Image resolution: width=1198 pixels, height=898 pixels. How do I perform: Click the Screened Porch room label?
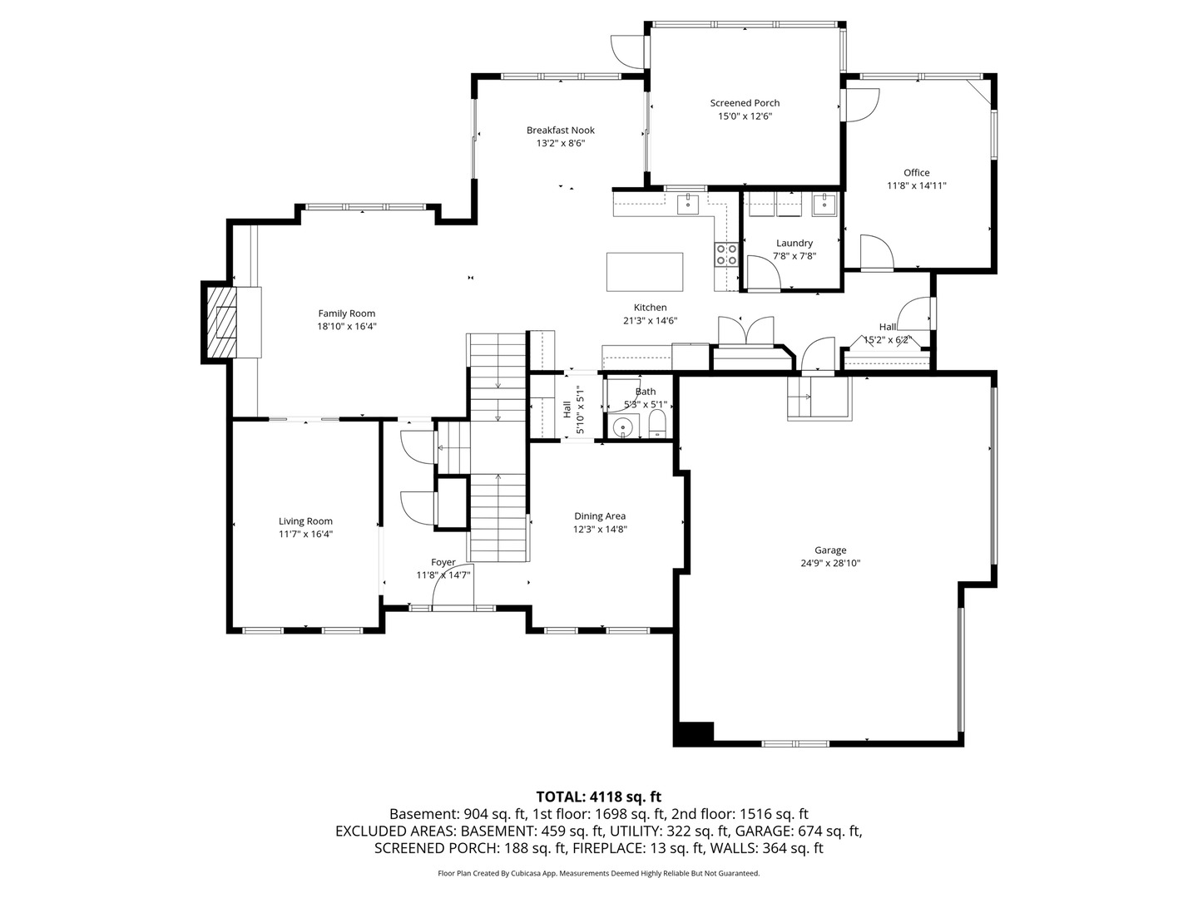click(x=745, y=103)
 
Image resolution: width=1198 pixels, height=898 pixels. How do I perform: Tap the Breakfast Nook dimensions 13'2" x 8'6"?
click(x=561, y=143)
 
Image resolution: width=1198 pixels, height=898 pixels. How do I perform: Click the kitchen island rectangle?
click(x=645, y=272)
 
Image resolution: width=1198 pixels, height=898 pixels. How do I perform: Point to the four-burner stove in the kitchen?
click(x=726, y=254)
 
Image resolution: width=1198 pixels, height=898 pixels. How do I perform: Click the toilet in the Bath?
click(x=658, y=424)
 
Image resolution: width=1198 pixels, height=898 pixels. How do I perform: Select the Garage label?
click(x=830, y=550)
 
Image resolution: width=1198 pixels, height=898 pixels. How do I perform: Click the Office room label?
click(x=916, y=173)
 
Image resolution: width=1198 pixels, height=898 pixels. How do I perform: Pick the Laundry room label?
click(x=795, y=243)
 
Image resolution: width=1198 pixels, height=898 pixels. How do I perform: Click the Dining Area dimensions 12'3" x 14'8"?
click(x=600, y=530)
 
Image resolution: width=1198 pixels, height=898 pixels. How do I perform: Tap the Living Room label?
click(x=305, y=521)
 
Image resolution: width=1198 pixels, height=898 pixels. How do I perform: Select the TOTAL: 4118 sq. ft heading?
click(x=599, y=797)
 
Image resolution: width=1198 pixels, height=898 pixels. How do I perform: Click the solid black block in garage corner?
click(x=693, y=733)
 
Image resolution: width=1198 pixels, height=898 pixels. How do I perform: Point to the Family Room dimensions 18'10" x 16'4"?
click(x=347, y=327)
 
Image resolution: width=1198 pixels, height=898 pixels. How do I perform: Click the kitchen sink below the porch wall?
click(x=688, y=204)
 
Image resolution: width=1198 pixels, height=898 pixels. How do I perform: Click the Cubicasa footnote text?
click(x=599, y=873)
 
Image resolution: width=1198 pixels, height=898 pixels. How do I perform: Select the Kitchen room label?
click(x=650, y=308)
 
